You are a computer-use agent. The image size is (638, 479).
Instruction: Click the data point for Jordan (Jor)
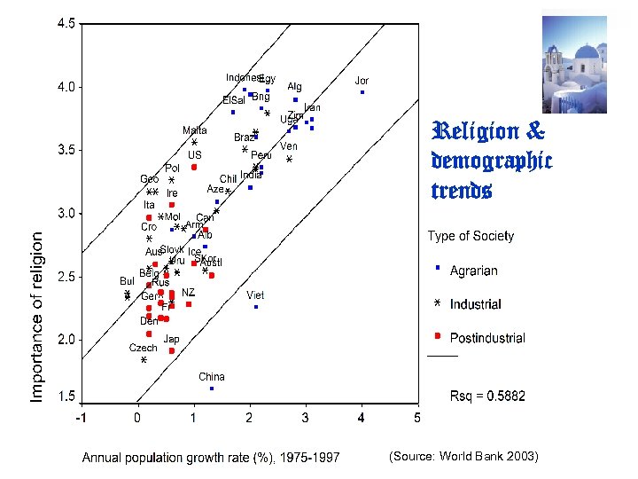[x=362, y=92]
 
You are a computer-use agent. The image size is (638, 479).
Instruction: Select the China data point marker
[x=212, y=389]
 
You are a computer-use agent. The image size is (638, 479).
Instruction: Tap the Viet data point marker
[x=256, y=307]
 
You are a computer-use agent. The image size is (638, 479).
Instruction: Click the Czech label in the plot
[x=143, y=348]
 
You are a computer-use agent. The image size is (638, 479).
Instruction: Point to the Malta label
[x=195, y=130]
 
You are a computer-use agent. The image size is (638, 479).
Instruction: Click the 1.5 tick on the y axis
[x=66, y=397]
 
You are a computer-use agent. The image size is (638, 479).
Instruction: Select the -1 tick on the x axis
[x=81, y=417]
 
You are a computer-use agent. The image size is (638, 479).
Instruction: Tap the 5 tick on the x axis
[x=416, y=417]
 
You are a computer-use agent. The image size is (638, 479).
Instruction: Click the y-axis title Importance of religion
[x=37, y=317]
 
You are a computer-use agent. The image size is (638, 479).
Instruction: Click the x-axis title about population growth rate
[x=210, y=458]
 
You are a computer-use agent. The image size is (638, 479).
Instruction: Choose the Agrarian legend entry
[x=473, y=271]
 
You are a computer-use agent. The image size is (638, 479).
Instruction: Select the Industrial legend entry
[x=475, y=304]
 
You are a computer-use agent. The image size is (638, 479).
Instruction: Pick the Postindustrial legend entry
[x=486, y=338]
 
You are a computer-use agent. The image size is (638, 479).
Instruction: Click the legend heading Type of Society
[x=471, y=236]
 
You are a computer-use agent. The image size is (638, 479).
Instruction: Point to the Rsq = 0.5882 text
[x=486, y=396]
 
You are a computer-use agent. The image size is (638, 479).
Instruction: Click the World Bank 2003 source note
[x=463, y=456]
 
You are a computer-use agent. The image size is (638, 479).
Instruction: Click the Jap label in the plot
[x=171, y=339]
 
